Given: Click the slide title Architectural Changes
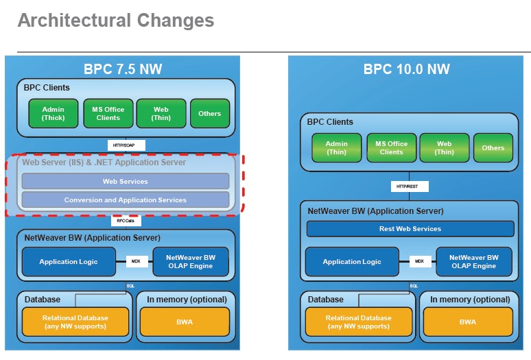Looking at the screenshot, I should click(x=115, y=21).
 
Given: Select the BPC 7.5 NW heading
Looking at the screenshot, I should click(x=123, y=69).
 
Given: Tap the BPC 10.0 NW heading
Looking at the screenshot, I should click(x=406, y=69).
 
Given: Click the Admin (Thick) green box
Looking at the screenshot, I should click(x=53, y=113).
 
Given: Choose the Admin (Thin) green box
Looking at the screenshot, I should click(x=336, y=148).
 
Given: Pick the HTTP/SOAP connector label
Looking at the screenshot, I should click(x=125, y=145).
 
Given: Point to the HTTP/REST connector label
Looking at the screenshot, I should click(x=409, y=187).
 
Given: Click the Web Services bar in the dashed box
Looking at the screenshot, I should click(x=125, y=182).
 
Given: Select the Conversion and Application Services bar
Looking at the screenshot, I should click(x=125, y=200).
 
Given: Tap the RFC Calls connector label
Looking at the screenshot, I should click(x=125, y=221).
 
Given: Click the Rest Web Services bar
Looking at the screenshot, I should click(x=410, y=229).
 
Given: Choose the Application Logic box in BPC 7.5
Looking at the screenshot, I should click(x=68, y=262).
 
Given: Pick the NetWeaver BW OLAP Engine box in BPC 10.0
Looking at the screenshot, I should click(x=473, y=262).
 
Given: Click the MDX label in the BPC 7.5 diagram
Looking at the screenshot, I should click(x=136, y=261).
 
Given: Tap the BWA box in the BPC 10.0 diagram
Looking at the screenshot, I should click(x=467, y=322).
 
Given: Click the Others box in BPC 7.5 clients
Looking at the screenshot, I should click(x=209, y=113).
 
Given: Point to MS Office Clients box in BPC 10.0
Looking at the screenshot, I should click(x=391, y=148).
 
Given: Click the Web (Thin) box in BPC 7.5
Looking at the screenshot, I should click(x=161, y=113).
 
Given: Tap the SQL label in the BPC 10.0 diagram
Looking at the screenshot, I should click(x=414, y=285).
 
